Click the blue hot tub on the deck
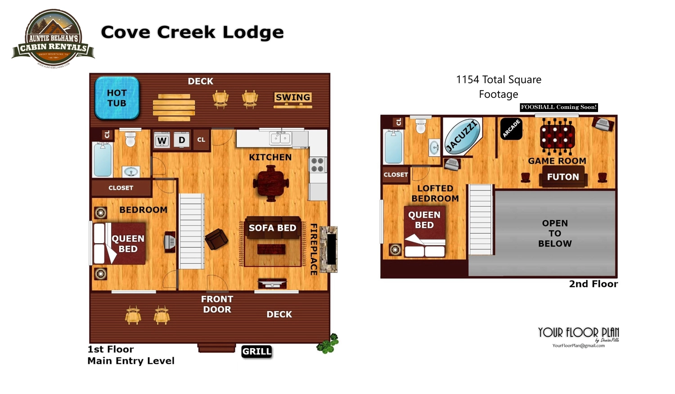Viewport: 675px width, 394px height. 117,98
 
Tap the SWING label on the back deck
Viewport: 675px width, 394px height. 293,97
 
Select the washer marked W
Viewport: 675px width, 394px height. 162,140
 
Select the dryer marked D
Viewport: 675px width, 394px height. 182,140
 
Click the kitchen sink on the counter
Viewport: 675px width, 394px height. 281,138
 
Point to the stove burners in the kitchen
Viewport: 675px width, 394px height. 317,165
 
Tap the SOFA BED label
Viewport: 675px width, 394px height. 272,228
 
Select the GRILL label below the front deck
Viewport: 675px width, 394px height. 256,351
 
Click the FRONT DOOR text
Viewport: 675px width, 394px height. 217,304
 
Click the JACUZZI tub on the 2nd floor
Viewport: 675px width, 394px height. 462,136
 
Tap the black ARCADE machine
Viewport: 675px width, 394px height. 511,129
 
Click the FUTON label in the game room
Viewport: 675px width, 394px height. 563,177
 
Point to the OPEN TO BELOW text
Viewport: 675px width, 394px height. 555,233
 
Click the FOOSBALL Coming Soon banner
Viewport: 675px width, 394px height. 558,107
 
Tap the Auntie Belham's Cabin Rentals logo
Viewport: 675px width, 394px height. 53,39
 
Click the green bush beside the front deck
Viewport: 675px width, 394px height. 328,344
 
